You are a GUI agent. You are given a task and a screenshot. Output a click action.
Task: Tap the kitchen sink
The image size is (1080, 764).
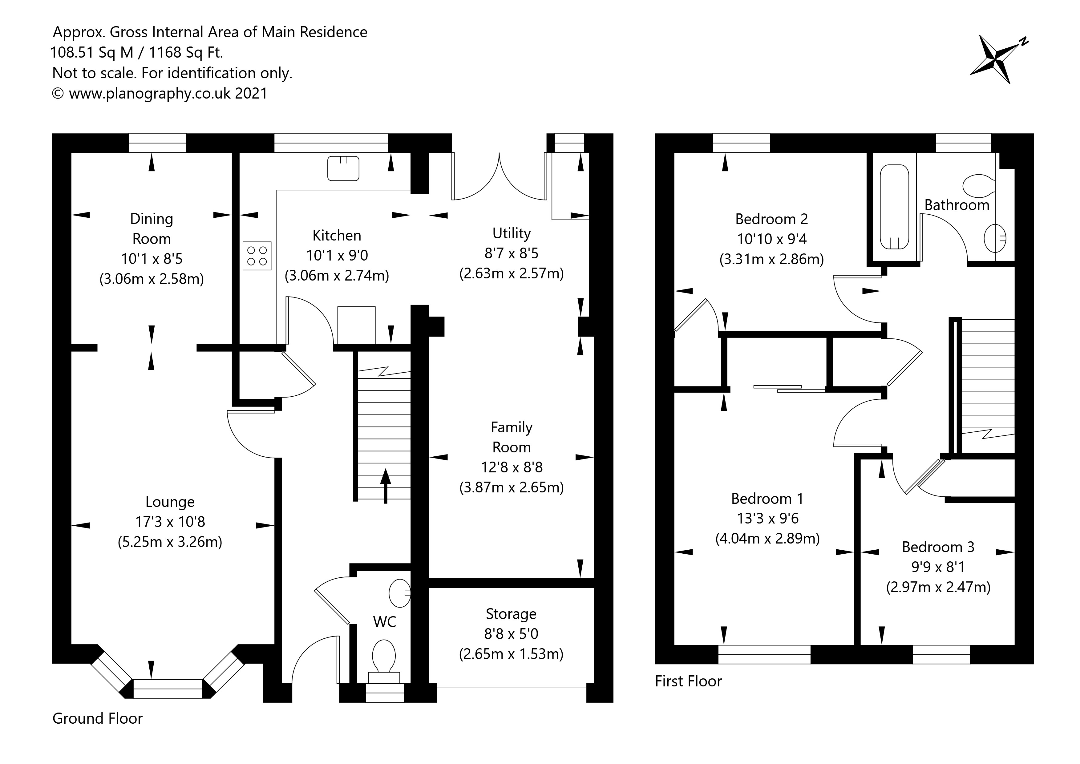coord(343,168)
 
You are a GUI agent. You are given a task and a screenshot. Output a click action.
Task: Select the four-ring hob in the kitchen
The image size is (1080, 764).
coord(257,256)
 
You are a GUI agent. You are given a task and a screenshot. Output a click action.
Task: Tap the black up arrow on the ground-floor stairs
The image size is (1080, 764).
coord(386,486)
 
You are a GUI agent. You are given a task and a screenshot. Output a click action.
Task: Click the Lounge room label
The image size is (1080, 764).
coord(170,502)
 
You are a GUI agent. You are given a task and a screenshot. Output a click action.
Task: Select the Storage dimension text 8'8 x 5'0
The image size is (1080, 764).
coord(511,634)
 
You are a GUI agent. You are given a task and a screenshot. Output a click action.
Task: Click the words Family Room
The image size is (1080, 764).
coord(511,437)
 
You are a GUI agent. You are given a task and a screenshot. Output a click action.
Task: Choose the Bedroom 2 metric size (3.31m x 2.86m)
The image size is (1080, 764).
coord(771,259)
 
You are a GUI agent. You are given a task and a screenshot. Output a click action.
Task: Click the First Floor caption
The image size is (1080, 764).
coord(688,681)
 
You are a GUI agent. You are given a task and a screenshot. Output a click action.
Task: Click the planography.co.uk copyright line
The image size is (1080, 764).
coord(160,93)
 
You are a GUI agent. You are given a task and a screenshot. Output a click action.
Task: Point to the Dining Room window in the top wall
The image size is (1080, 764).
coord(158,143)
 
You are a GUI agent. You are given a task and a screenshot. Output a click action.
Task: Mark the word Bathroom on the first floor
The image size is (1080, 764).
coord(957,205)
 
